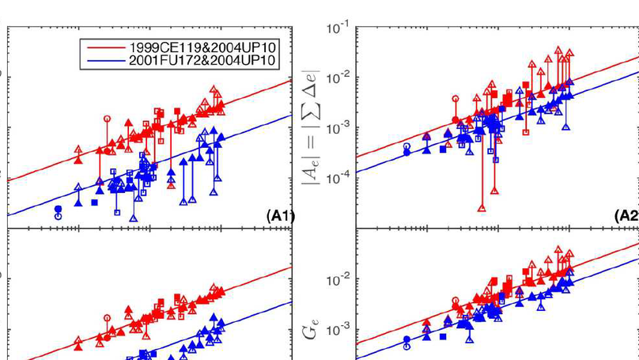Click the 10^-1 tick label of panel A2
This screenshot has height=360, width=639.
(x=338, y=29)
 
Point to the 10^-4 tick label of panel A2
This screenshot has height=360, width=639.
(x=338, y=177)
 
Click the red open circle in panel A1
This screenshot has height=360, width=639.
(x=107, y=118)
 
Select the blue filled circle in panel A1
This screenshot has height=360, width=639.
(x=58, y=209)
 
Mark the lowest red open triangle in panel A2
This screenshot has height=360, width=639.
(x=482, y=208)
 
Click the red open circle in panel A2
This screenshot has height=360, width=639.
(x=455, y=99)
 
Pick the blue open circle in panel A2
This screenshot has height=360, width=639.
(x=407, y=146)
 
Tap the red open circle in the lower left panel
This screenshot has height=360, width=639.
(x=107, y=317)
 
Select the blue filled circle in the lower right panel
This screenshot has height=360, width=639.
(x=407, y=339)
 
